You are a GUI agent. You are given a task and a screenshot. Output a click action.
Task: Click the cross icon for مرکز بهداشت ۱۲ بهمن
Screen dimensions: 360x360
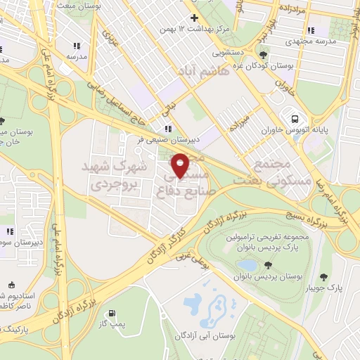point(195,18)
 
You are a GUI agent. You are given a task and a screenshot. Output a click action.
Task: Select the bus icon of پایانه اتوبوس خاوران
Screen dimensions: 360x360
point(292,118)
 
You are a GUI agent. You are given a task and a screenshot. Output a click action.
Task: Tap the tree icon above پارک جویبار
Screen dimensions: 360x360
point(323,276)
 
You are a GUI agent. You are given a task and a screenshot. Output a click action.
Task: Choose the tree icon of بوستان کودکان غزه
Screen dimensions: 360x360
point(263,54)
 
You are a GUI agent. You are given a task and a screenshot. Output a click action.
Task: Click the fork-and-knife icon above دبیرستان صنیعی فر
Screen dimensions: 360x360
point(167,129)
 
